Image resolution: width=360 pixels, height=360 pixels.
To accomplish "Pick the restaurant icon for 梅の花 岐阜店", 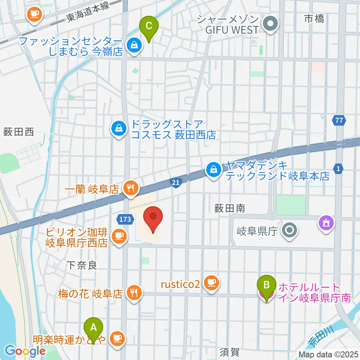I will tap(134, 292).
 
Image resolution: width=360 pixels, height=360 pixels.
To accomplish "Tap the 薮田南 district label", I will tap(229, 208).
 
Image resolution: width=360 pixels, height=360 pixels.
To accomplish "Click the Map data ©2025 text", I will tap(328, 354).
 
